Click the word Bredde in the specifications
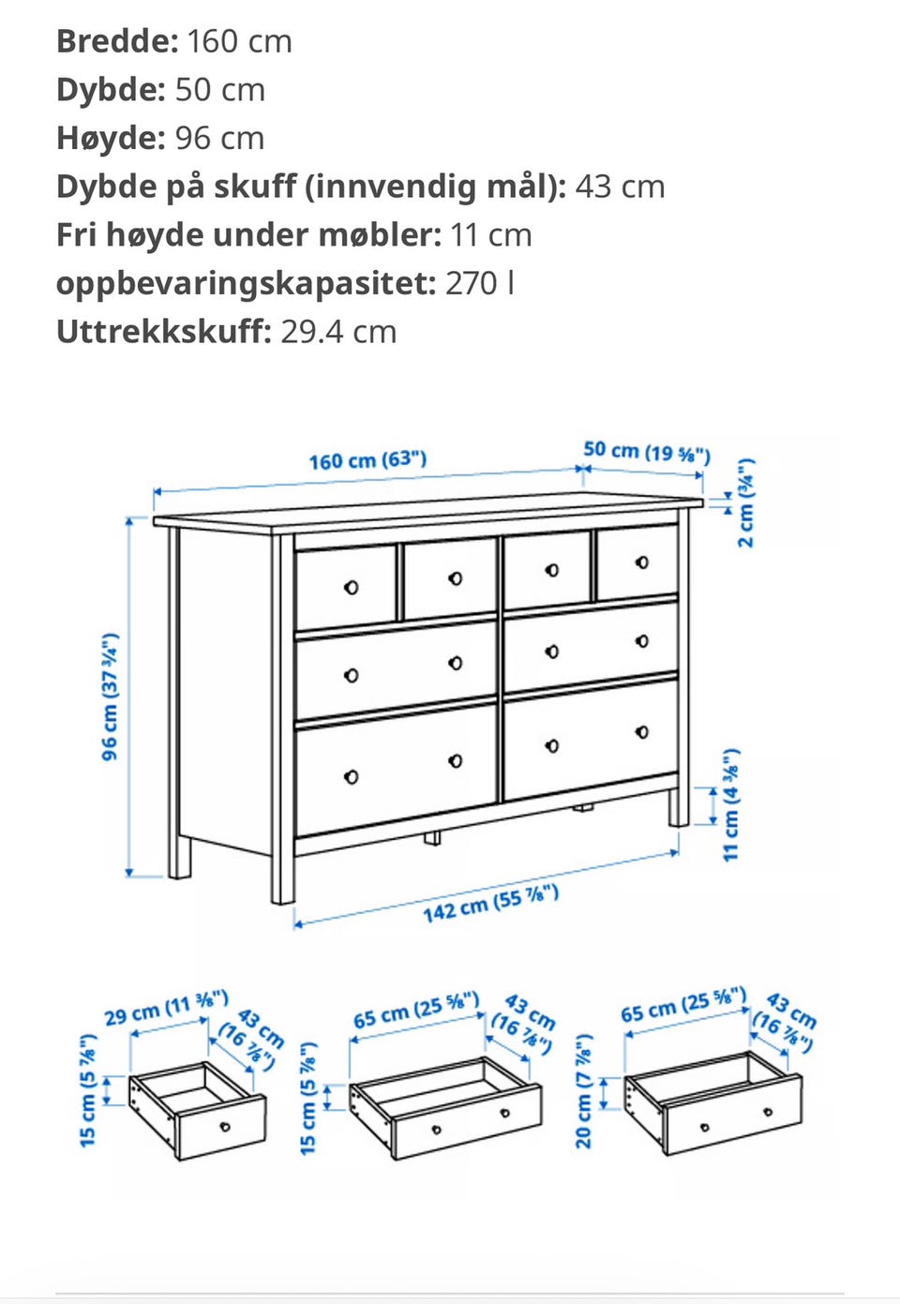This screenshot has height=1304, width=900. pos(116,41)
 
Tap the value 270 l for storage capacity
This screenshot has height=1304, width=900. pos(479,283)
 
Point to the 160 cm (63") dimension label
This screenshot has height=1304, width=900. pos(367,460)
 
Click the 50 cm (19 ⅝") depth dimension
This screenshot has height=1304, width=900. pos(646,452)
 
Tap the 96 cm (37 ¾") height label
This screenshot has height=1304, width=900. pos(110,696)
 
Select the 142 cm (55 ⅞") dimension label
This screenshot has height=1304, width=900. pos(490,904)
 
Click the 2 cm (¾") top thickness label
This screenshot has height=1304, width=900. pos(745,502)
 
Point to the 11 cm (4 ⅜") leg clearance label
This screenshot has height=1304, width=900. pos(731,804)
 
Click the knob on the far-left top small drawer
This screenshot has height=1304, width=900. pos(352,588)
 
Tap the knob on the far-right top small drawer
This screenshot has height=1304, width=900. pos(642,562)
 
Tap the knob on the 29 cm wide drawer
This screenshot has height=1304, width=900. pos(225,1126)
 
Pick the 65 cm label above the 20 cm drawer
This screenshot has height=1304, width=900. pos(682,1005)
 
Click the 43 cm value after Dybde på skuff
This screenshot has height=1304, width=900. pos(620,187)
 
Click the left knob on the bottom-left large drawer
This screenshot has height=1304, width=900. pos(352,777)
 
